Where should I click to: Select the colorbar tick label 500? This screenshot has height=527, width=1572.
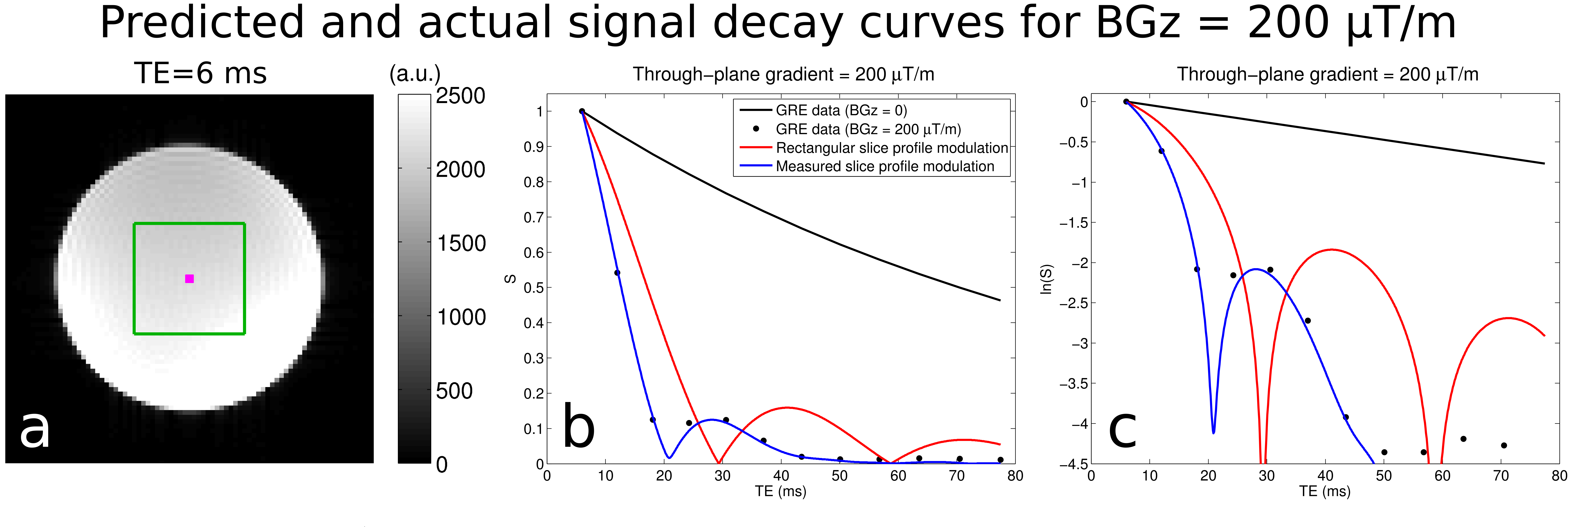454,391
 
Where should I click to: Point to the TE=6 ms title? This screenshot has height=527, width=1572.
200,73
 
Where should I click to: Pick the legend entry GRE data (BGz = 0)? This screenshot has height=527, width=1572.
841,110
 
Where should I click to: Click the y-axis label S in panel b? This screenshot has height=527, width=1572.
510,279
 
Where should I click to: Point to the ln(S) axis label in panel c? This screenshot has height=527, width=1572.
1046,279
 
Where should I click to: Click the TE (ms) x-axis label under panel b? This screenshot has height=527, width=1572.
781,491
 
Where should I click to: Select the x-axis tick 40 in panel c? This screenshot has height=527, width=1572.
1325,476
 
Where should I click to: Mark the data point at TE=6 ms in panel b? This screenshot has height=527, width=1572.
582,111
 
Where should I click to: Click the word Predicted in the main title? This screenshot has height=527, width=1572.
201,23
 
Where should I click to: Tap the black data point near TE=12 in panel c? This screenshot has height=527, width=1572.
1161,151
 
